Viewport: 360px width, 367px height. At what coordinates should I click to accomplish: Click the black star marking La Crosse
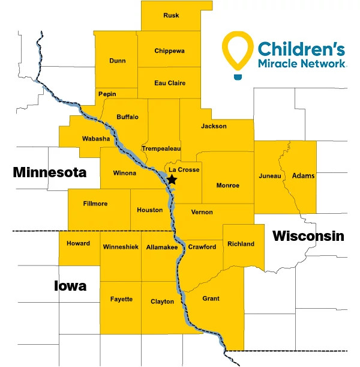coord(172,180)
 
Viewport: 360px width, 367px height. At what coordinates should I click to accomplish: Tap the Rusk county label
coord(171,16)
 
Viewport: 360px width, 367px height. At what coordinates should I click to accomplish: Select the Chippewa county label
coord(169,50)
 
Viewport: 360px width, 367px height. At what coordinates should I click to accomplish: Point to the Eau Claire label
coord(170,83)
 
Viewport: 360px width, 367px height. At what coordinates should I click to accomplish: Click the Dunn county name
coord(118,61)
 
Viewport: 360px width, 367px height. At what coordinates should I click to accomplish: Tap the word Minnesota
coord(50,173)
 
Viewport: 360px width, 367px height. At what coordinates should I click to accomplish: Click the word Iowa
coord(70,286)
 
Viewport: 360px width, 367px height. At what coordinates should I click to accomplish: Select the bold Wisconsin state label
coord(308,236)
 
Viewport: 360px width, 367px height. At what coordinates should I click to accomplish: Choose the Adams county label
coord(302,176)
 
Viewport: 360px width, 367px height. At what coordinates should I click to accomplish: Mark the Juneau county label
coord(269,176)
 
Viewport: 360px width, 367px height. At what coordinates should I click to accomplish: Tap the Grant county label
coord(211,299)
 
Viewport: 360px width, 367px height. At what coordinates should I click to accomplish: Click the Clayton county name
coord(162,302)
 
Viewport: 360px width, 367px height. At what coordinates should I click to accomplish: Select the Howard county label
coord(79,243)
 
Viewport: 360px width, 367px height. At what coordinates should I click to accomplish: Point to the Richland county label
coord(241,244)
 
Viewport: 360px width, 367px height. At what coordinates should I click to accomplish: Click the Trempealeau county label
coord(161,148)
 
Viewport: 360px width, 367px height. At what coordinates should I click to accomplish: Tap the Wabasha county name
coord(95,139)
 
